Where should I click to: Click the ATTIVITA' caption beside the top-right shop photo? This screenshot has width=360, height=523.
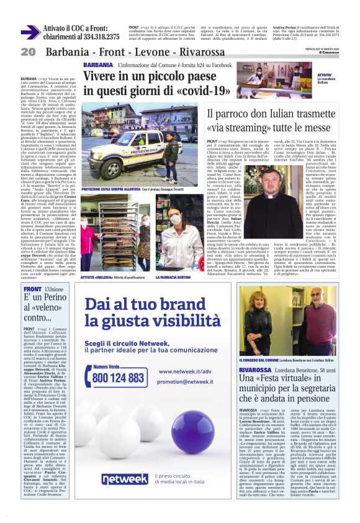pyautogui.click(x=325, y=75)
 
